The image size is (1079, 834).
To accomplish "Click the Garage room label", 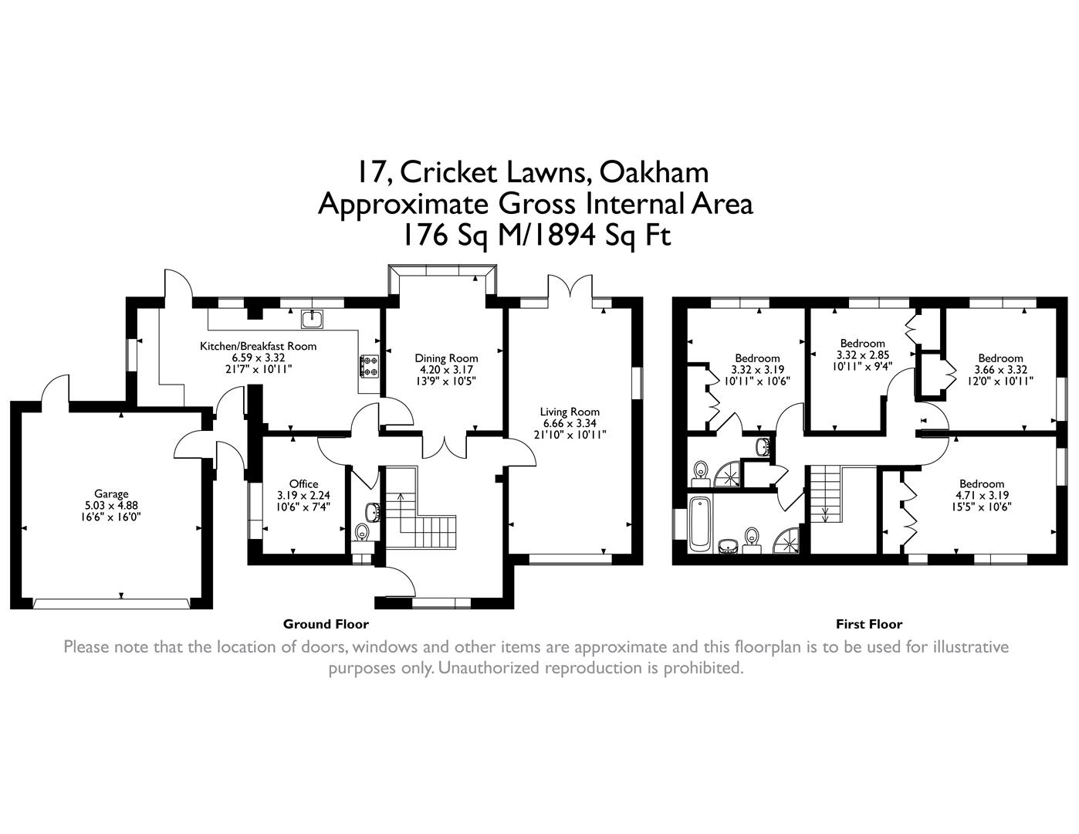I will click(x=111, y=494).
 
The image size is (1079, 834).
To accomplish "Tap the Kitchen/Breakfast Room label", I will click(x=258, y=346).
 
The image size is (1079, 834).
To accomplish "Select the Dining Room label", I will click(x=446, y=358).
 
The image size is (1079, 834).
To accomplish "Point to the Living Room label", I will click(x=570, y=412).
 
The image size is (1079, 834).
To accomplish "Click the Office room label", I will click(x=303, y=484).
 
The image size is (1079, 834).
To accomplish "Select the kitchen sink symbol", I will click(x=313, y=317).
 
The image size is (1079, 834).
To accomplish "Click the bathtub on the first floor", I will click(x=699, y=524).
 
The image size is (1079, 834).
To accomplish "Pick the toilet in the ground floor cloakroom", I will click(x=361, y=533).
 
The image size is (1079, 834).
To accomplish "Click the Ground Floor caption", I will click(x=326, y=624).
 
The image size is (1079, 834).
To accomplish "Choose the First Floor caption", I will click(x=868, y=624).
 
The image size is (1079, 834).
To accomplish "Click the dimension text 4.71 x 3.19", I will click(x=983, y=495).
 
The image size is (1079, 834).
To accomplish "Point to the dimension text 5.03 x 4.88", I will click(x=111, y=506).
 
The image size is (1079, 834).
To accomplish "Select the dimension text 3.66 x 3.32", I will click(x=1000, y=370).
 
